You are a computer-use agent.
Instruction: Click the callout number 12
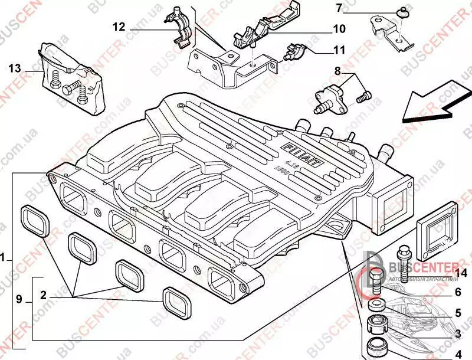[x=119, y=27]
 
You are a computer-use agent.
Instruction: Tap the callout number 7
[x=339, y=8]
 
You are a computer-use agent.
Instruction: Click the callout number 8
[x=337, y=71]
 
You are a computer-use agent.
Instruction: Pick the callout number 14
[x=461, y=272]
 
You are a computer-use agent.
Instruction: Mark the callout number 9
[x=19, y=300]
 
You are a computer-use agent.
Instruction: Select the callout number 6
[x=457, y=292]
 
